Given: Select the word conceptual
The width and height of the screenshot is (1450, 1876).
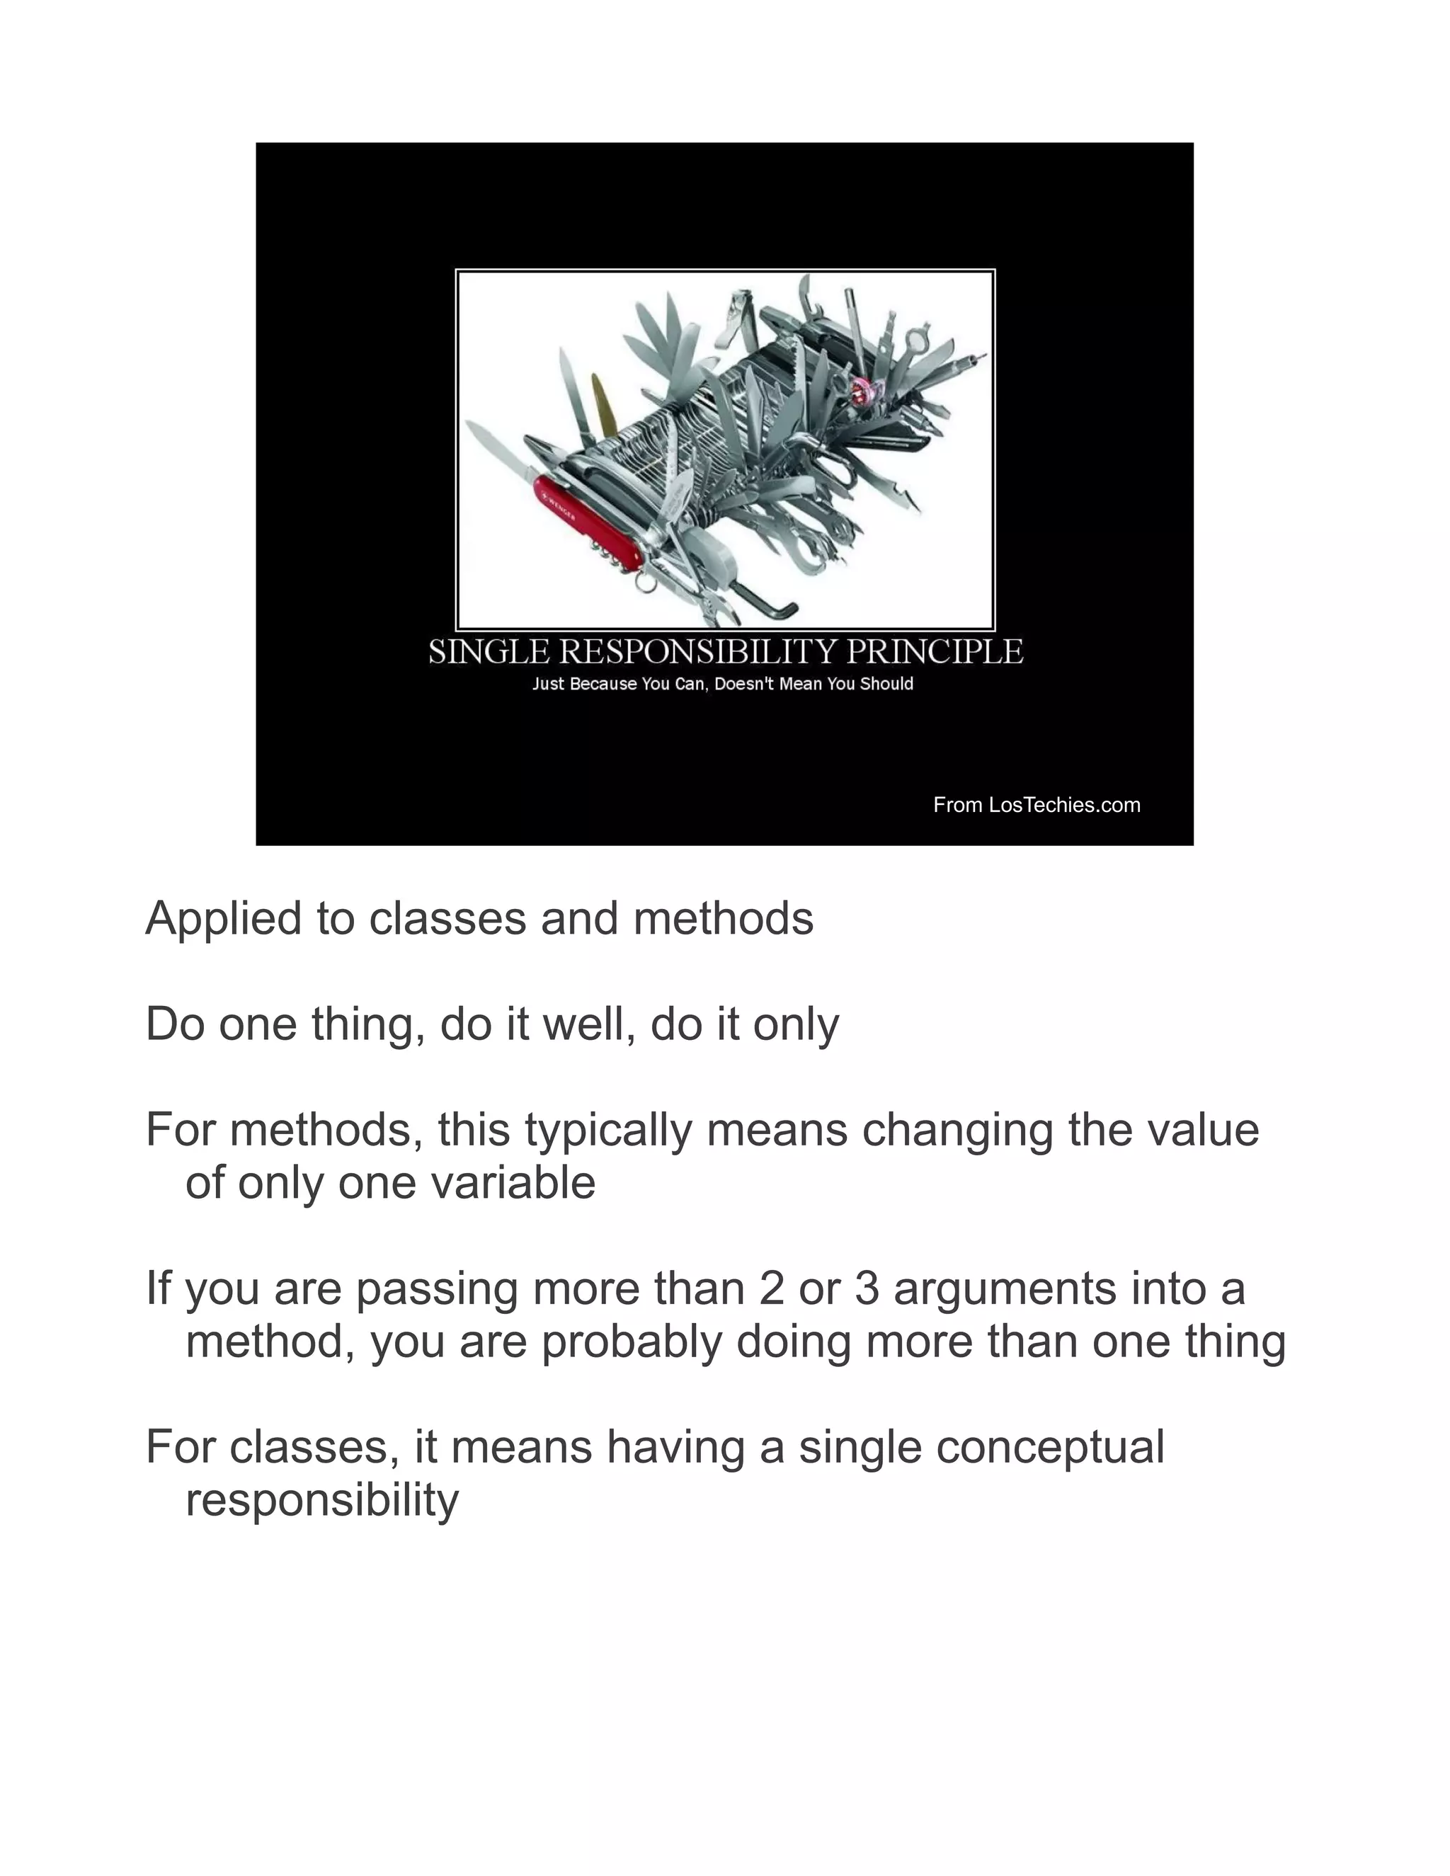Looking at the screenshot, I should click(1050, 1448).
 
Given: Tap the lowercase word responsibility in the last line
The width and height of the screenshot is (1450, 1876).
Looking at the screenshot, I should click(322, 1501).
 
